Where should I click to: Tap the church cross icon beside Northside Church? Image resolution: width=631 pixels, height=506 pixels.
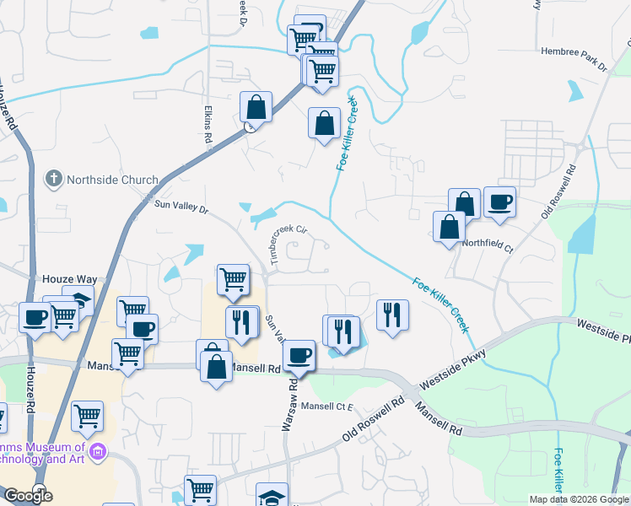tap(53, 179)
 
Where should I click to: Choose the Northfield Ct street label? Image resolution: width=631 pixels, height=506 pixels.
tap(488, 246)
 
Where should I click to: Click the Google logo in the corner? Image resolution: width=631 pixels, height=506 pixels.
tap(28, 496)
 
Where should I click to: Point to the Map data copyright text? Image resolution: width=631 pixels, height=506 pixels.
tap(578, 499)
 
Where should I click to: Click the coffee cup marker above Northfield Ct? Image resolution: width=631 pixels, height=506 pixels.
tap(499, 202)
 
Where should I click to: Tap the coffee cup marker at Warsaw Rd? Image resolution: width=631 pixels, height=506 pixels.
tap(299, 355)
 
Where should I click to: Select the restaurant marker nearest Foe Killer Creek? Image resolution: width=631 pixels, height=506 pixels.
tap(391, 315)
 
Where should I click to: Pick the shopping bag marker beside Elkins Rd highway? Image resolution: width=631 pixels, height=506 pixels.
tap(256, 107)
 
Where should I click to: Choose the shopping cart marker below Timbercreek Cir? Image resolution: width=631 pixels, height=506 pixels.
tap(233, 280)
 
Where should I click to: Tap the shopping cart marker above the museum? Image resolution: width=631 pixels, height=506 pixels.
tap(88, 416)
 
